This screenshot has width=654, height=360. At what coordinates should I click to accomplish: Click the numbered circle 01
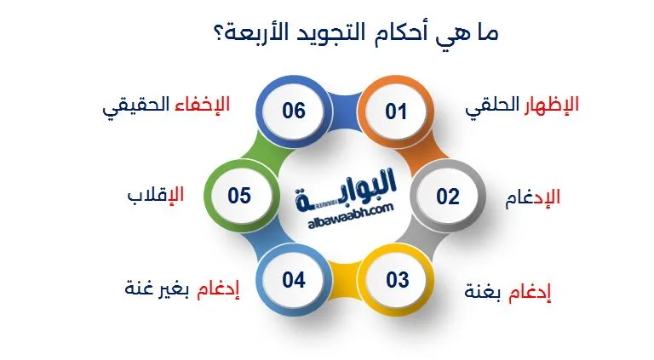pos(396,111)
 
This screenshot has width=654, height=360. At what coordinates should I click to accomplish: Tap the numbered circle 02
pos(448,197)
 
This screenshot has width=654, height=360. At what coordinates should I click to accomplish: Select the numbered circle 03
pos(397,280)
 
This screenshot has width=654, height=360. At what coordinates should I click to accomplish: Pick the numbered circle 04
pos(294,280)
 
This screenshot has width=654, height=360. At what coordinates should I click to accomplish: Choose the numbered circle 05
pos(239,197)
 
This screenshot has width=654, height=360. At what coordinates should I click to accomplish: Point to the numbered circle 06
pos(294,111)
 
